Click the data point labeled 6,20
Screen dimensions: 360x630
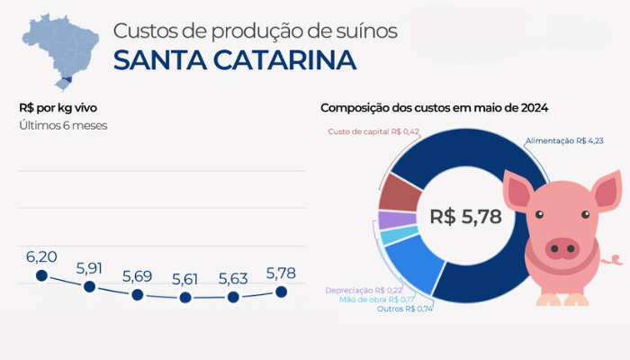pyautogui.click(x=40, y=276)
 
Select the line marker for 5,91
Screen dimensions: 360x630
pyautogui.click(x=89, y=287)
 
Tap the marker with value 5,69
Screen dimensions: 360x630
pyautogui.click(x=137, y=294)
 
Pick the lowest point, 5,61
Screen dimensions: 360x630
pyautogui.click(x=185, y=297)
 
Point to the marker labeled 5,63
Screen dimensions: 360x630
pyautogui.click(x=233, y=296)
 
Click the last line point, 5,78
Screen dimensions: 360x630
pyautogui.click(x=281, y=291)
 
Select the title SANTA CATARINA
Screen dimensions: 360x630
pyautogui.click(x=234, y=60)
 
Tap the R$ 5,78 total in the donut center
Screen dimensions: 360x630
pyautogui.click(x=464, y=217)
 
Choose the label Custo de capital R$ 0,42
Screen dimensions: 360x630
pyautogui.click(x=373, y=131)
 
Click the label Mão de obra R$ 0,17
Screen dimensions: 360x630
pyautogui.click(x=377, y=299)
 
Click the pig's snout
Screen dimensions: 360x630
pyautogui.click(x=564, y=247)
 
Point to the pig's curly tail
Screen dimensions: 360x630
pyautogui.click(x=614, y=260)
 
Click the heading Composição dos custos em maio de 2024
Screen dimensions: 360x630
pyautogui.click(x=435, y=108)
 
